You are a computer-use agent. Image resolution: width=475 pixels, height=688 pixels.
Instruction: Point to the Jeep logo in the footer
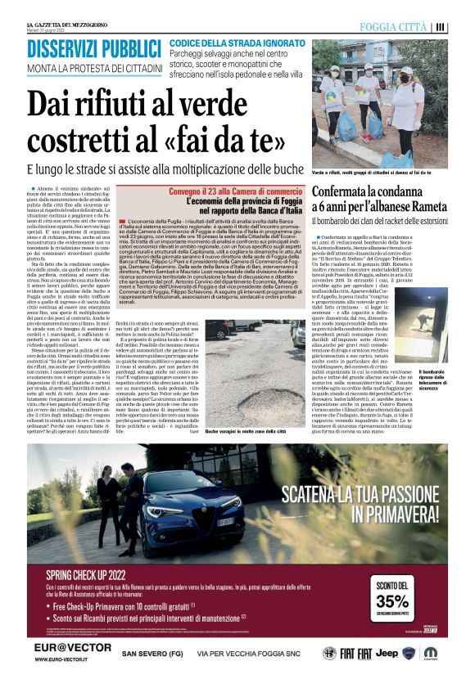(387, 652)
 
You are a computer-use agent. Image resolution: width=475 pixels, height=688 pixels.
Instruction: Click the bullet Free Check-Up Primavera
(118, 606)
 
